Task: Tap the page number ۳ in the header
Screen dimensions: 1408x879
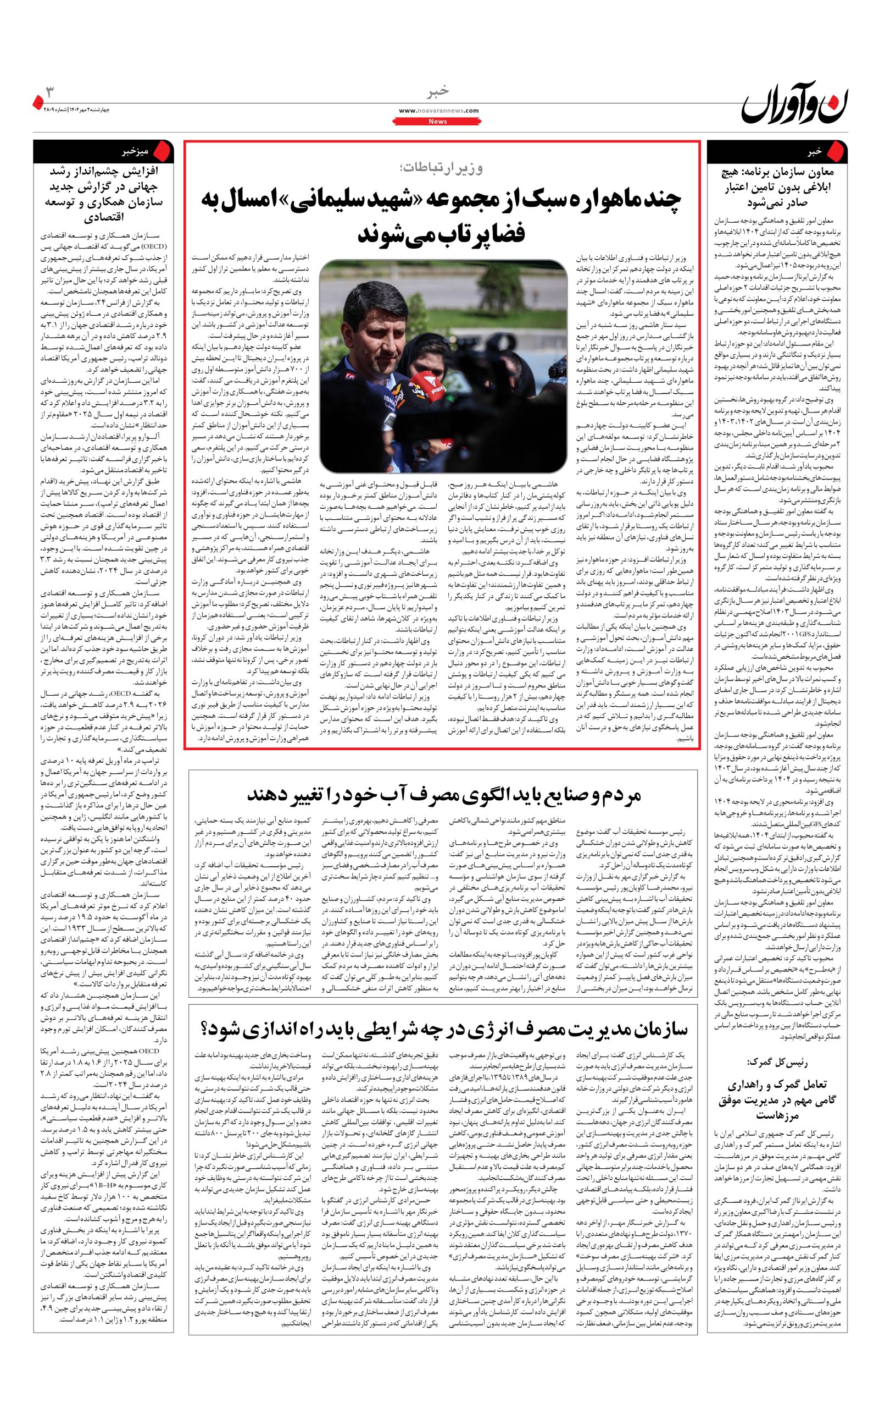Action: pyautogui.click(x=51, y=92)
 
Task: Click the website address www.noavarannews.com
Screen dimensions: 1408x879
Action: pyautogui.click(x=439, y=111)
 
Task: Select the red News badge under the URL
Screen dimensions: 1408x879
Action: pyautogui.click(x=438, y=121)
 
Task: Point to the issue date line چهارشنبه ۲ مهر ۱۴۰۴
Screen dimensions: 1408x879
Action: pyautogui.click(x=76, y=110)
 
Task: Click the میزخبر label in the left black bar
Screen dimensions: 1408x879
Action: pyautogui.click(x=136, y=152)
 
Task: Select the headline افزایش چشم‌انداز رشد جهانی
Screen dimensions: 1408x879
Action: pyautogui.click(x=103, y=194)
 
